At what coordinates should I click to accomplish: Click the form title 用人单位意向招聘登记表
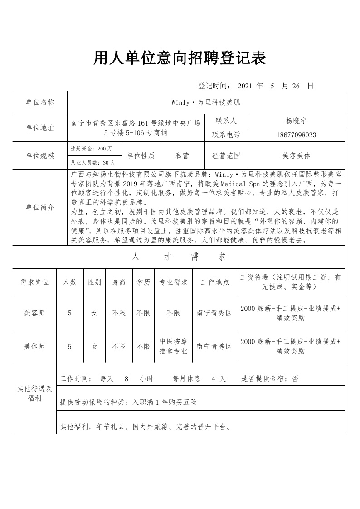[180, 58]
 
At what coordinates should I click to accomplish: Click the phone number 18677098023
[296, 135]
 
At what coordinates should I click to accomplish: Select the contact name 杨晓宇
[296, 121]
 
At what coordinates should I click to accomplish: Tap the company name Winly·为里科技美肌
[205, 102]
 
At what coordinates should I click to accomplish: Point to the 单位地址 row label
[40, 128]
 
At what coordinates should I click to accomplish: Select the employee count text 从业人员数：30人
[93, 162]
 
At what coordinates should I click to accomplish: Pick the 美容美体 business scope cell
[296, 155]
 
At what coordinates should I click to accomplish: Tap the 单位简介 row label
[40, 207]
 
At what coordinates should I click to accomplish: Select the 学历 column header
[143, 282]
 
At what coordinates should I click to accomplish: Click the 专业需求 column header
[173, 282]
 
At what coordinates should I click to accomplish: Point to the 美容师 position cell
[34, 313]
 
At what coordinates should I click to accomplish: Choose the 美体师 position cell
[34, 346]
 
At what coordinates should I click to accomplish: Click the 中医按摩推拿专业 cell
[173, 346]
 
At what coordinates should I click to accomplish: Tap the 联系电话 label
[226, 135]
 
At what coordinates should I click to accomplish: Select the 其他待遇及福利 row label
[34, 393]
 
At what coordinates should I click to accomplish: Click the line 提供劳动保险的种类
[128, 402]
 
